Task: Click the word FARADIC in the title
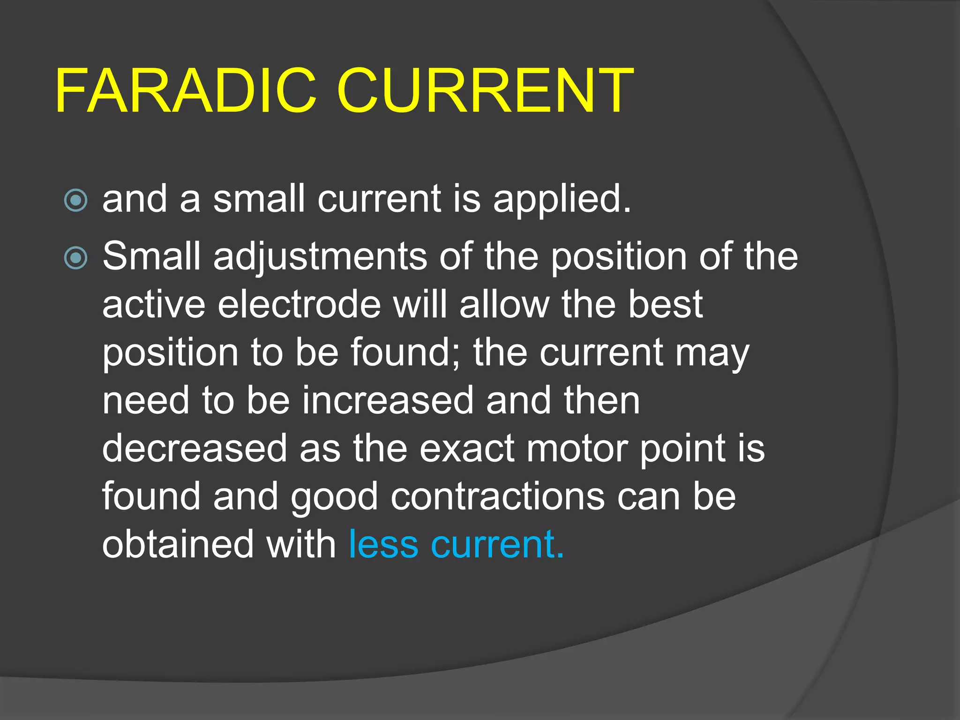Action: (x=186, y=91)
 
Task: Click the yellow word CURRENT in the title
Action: (x=485, y=91)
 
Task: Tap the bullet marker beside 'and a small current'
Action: (x=75, y=201)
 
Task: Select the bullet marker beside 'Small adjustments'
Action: (x=75, y=258)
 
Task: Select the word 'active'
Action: (x=154, y=305)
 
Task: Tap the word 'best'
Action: (x=665, y=305)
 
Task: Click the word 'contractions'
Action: (x=497, y=497)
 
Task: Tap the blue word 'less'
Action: (x=383, y=545)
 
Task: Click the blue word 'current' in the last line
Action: (x=497, y=545)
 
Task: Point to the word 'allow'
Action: (x=504, y=305)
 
